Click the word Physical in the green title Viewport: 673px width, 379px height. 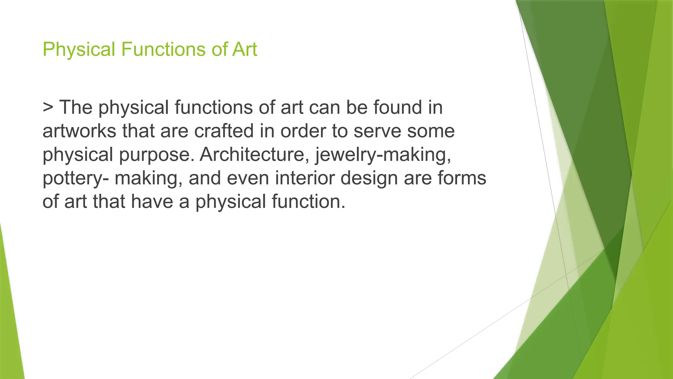click(79, 50)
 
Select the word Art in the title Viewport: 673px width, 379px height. click(244, 50)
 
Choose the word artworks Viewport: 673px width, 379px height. click(79, 131)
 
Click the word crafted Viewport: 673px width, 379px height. click(224, 131)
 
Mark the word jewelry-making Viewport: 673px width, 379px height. click(383, 155)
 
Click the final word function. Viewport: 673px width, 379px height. click(309, 202)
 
